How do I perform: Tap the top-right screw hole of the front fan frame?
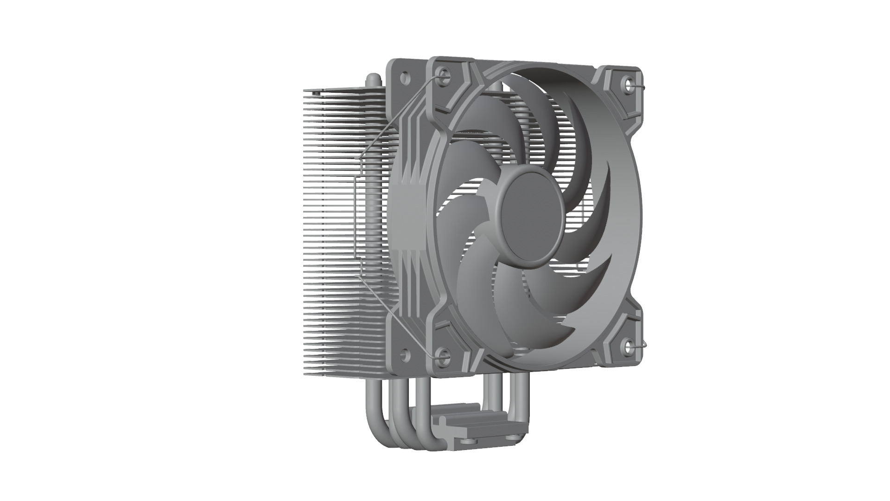pos(629,84)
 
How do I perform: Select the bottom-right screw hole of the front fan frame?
pos(629,346)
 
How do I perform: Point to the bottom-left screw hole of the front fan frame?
pos(443,356)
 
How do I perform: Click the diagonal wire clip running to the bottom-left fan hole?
pos(399,315)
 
